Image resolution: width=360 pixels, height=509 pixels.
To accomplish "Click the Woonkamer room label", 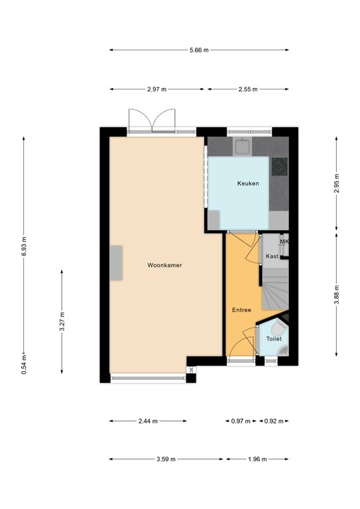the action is (164, 265).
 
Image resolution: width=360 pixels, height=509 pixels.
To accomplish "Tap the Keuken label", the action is (248, 184).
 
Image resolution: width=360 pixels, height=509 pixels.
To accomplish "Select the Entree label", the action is (241, 310).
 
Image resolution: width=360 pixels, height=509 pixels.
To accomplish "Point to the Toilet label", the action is (274, 339).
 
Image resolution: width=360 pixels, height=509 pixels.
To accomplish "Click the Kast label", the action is (272, 256).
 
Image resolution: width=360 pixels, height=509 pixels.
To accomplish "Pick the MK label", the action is (284, 241).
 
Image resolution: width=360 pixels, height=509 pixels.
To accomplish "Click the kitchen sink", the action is (243, 146).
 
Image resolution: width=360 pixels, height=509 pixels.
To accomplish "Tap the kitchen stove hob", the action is (280, 166).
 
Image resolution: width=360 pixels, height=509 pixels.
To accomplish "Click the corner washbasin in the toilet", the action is (284, 351).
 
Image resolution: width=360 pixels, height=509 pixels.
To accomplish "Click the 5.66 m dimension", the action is (199, 50).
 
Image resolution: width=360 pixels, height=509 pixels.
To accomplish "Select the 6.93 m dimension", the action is (24, 246).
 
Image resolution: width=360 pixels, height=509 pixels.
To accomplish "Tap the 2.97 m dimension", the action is (156, 89).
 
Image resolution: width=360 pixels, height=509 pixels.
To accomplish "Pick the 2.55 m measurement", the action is (248, 89).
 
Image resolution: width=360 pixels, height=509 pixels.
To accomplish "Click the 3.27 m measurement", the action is (62, 321).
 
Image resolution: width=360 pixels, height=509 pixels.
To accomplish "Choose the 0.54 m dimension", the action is (24, 364).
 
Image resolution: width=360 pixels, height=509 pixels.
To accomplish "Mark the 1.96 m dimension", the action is (257, 459).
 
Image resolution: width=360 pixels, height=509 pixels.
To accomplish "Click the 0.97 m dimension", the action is (241, 422).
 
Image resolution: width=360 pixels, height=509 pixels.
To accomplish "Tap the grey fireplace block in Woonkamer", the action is (116, 263).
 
